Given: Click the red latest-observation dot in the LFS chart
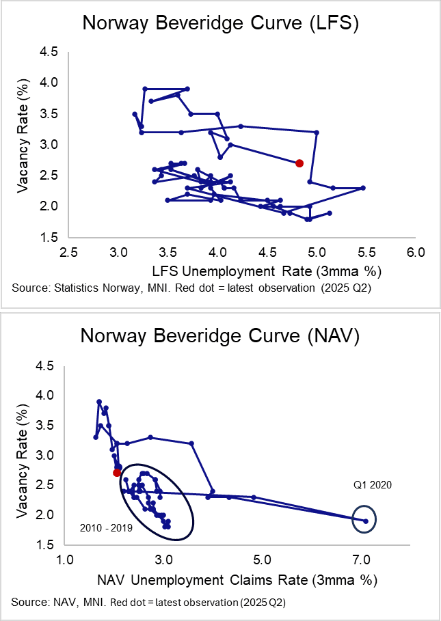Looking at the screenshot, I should tap(299, 163).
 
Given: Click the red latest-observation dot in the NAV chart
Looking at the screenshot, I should tap(117, 473).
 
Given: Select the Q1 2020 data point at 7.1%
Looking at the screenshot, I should tap(366, 521).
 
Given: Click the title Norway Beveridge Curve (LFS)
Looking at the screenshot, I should tap(220, 23).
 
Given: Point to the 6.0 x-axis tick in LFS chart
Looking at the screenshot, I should tap(416, 252).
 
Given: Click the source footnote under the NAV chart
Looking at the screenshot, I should tap(148, 603).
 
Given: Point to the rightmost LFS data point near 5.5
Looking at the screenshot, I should tap(363, 188).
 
